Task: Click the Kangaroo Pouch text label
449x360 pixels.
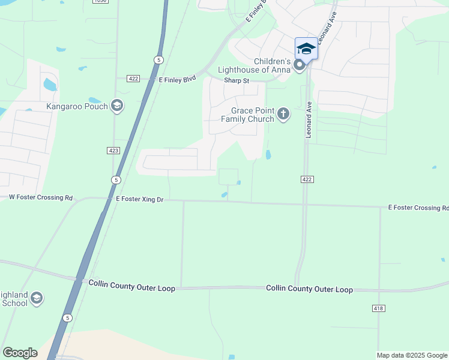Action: coord(77,107)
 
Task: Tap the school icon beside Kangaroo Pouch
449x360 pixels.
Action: coord(117,107)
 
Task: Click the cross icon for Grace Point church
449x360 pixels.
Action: coord(283,113)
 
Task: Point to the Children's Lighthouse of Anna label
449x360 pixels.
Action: coord(272,65)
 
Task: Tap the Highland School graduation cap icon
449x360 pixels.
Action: coord(37,299)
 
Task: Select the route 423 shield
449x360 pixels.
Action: coord(115,151)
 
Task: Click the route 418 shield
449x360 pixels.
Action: coord(378,308)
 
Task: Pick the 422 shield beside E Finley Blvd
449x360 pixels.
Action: coord(133,79)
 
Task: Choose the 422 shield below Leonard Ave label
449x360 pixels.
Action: coord(306,179)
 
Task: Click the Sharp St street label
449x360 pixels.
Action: coord(237,80)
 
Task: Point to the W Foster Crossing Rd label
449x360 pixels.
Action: coord(41,197)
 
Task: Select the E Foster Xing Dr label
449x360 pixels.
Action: coord(140,199)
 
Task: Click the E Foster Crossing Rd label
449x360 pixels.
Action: coord(418,208)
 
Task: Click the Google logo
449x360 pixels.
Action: coord(20,352)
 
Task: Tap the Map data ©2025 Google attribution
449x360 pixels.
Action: coord(411,355)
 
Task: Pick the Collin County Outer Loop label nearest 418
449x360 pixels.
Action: coord(309,289)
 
